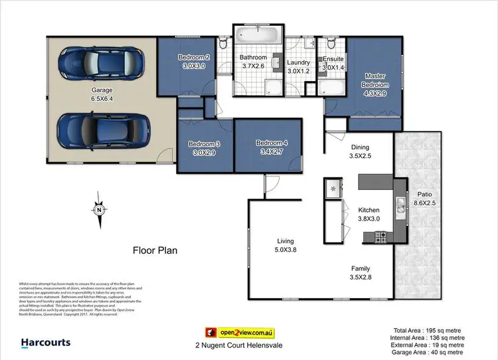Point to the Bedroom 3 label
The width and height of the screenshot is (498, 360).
point(202,148)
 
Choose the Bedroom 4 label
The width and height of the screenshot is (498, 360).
point(270,147)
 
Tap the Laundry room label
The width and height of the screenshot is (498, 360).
point(298,67)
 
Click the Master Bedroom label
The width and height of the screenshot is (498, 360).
point(374,85)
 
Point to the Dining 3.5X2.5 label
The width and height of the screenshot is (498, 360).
point(359,152)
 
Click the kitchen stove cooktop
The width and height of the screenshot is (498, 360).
point(381,235)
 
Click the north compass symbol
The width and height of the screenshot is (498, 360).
point(98,212)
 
